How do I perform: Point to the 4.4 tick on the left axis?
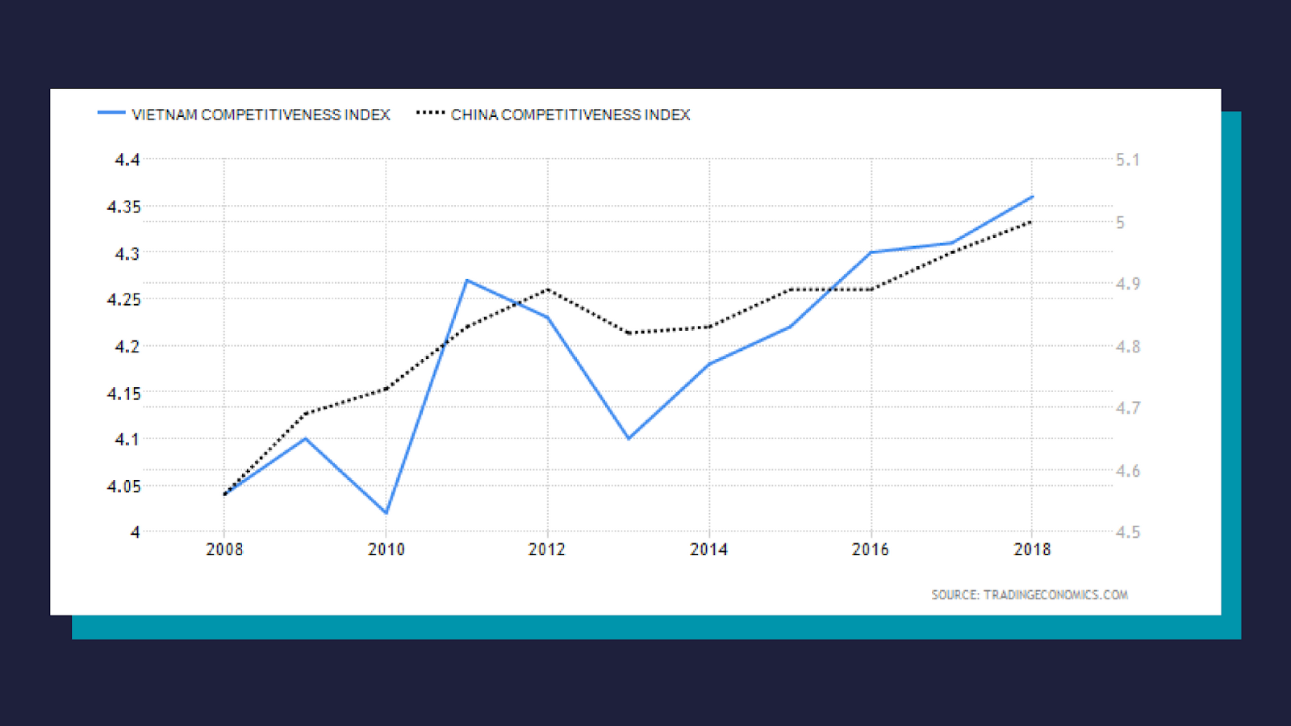(127, 160)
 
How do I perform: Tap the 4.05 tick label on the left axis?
(123, 486)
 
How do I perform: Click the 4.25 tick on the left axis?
(123, 299)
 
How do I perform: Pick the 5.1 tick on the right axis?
(1127, 160)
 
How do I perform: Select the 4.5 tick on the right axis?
(1127, 532)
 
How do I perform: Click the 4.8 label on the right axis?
(1127, 347)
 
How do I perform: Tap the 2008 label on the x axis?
(224, 549)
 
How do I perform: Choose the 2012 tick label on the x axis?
(547, 549)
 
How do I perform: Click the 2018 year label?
(1032, 549)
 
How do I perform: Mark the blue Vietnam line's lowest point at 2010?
(386, 513)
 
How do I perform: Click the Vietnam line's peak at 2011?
(466, 281)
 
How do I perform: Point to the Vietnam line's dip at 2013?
(629, 439)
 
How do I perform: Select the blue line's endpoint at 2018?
(1032, 197)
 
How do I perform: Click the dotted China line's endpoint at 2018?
(1031, 222)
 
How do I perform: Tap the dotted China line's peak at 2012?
(548, 290)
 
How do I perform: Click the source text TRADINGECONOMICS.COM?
(1030, 595)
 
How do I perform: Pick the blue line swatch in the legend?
(111, 113)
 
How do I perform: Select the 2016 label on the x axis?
(871, 549)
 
